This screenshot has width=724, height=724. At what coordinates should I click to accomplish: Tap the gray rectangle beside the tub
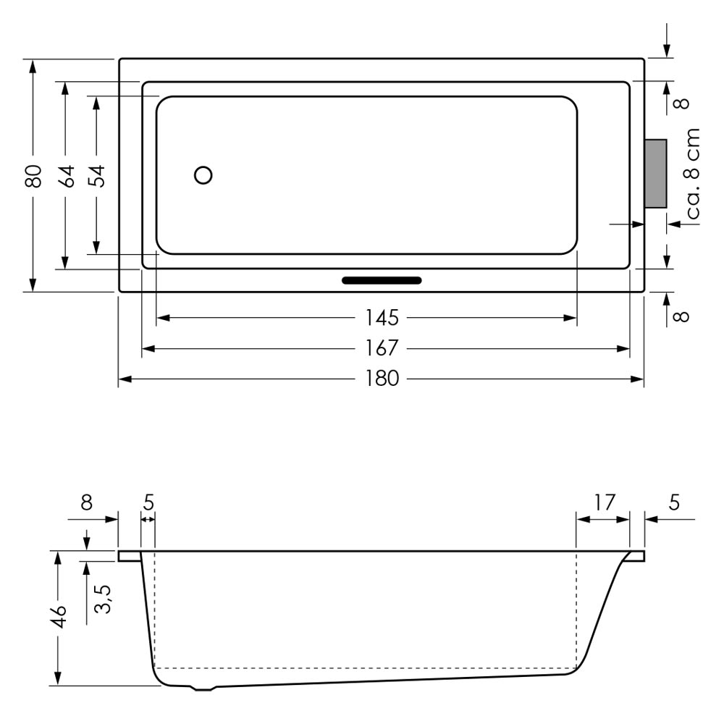click(x=656, y=174)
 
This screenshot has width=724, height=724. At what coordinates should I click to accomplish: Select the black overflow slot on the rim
click(x=382, y=280)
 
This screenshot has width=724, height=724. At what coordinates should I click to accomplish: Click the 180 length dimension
click(x=382, y=379)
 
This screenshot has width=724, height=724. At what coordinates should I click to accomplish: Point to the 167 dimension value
click(x=382, y=348)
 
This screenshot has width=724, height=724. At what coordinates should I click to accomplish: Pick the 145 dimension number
click(x=382, y=318)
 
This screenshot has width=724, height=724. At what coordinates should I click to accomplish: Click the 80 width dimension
click(x=33, y=175)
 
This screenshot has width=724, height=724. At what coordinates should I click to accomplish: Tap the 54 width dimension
click(x=97, y=175)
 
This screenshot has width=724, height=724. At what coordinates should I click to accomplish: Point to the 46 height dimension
click(x=59, y=616)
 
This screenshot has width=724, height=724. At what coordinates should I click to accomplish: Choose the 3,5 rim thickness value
click(x=103, y=599)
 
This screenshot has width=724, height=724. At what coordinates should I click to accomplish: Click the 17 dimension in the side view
click(x=604, y=502)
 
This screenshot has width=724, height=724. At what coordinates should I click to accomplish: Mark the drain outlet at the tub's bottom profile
click(x=203, y=689)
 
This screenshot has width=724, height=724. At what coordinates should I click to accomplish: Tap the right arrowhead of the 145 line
click(x=571, y=318)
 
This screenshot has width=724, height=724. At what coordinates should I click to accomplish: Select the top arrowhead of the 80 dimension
click(x=33, y=67)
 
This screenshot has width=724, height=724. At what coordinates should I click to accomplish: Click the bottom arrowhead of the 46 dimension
click(x=58, y=678)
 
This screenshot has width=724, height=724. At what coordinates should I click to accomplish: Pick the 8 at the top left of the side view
click(x=87, y=502)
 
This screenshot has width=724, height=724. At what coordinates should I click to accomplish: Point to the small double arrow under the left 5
click(x=148, y=519)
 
